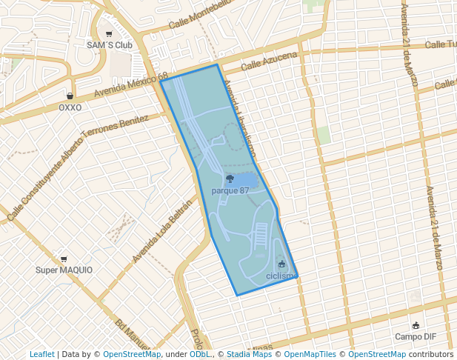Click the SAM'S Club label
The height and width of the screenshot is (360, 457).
109,45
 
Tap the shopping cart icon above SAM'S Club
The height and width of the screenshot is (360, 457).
109,34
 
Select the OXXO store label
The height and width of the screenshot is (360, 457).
70,107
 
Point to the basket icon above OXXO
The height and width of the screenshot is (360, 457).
70,96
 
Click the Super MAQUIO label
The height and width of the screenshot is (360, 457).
64,270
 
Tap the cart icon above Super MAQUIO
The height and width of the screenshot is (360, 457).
64,259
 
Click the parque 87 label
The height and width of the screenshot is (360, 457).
230,190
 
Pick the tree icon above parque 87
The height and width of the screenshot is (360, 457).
230,179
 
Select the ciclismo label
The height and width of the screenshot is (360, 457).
281,276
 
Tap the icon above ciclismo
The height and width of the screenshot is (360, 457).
281,264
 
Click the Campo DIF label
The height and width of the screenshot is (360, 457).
415,336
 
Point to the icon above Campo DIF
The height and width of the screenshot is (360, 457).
416,325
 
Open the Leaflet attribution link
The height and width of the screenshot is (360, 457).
41,354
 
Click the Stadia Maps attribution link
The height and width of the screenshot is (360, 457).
249,354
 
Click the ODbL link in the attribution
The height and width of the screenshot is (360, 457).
199,354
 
